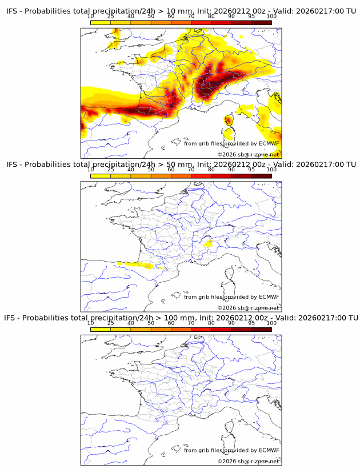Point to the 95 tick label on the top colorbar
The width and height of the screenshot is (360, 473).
coord(251,17)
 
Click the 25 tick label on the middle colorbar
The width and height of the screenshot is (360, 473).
coord(111,170)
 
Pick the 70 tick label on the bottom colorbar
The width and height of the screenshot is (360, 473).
coord(191,323)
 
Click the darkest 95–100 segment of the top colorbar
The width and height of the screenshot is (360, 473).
coord(261,22)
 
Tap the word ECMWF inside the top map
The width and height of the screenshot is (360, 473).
coord(269,143)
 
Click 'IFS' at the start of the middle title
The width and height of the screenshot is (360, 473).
coord(13,165)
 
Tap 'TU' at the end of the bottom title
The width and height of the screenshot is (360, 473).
coord(352,318)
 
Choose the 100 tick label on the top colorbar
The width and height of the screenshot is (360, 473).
coord(271,17)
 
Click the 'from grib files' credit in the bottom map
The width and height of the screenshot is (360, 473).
coord(202,450)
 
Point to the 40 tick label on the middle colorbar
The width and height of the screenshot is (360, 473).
coord(131,170)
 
